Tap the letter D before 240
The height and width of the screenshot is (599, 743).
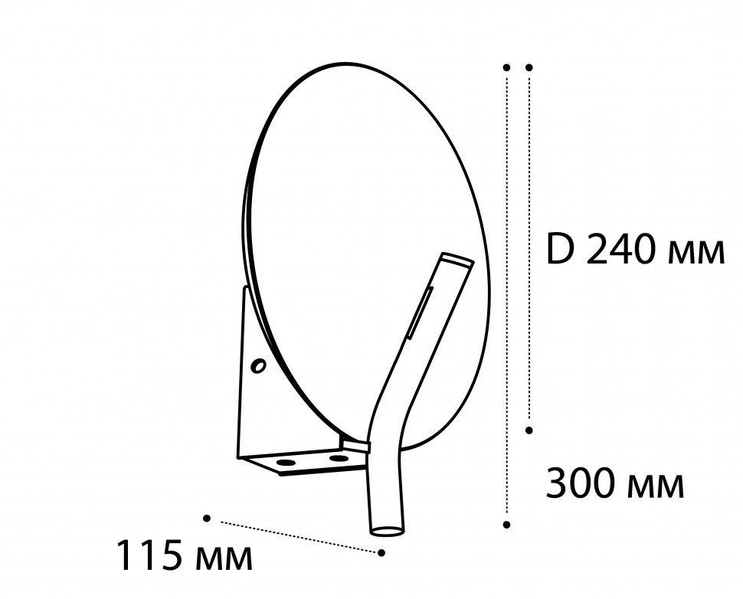tap(561, 250)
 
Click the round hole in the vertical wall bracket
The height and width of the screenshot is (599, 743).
tap(259, 366)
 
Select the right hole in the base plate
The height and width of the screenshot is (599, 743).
tap(338, 458)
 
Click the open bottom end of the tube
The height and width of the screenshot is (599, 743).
tap(388, 529)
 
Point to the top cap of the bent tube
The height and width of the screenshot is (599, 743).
tap(457, 260)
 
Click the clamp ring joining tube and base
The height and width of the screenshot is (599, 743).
tap(356, 444)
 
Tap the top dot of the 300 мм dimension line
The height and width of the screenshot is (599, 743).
tap(506, 67)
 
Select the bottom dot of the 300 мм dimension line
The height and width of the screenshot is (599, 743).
tap(506, 525)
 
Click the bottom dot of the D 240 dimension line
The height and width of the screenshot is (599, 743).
tap(529, 430)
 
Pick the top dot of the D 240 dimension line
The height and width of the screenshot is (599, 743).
tap(529, 67)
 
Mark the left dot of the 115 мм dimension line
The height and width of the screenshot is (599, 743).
tap(207, 519)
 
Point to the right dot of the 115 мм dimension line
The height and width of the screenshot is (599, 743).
tap(381, 552)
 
